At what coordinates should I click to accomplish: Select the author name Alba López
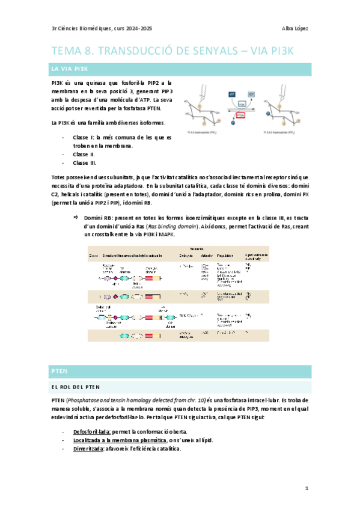[x=295, y=28]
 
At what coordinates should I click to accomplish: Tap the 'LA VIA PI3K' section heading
[x=70, y=70]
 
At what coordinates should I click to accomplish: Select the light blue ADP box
[x=251, y=94]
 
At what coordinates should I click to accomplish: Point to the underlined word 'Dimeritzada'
[x=84, y=449]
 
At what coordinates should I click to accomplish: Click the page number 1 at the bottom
[x=307, y=488]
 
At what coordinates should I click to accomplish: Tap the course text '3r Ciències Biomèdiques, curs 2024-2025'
[x=101, y=28]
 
